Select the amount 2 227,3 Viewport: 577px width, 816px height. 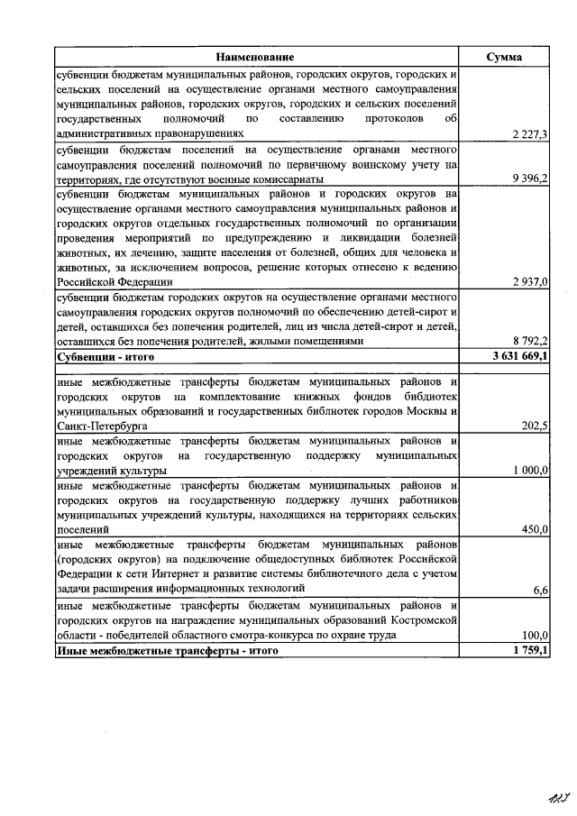[529, 134]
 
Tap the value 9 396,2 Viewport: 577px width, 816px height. [529, 179]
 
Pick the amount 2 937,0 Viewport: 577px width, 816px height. [530, 282]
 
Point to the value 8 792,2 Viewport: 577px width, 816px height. [529, 342]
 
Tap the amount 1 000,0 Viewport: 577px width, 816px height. [530, 471]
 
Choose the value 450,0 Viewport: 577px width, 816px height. [534, 530]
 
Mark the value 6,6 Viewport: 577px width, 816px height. [541, 589]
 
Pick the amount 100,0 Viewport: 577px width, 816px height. [534, 635]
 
